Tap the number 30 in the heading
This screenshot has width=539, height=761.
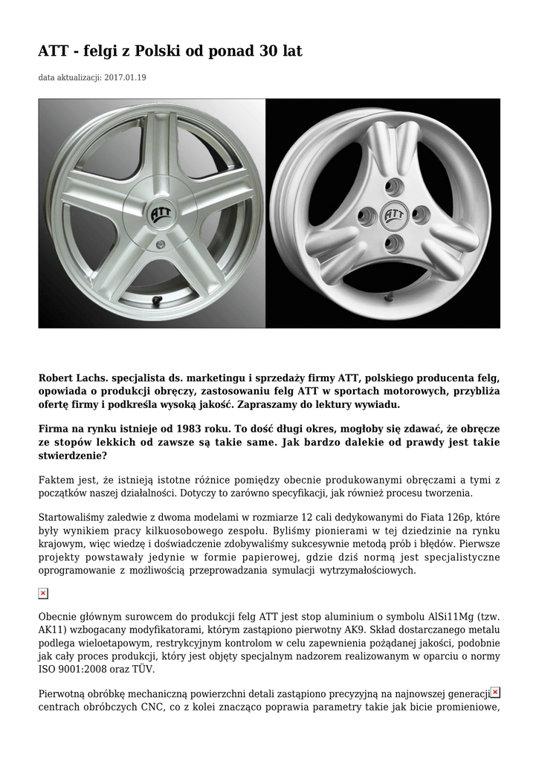(268, 51)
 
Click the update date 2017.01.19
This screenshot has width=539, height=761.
(126, 77)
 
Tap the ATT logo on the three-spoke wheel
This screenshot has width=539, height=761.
(393, 217)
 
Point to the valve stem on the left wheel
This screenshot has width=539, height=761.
(158, 301)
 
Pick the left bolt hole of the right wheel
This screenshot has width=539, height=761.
(366, 216)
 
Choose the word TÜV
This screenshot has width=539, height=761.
(132, 670)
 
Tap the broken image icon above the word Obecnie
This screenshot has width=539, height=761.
(43, 593)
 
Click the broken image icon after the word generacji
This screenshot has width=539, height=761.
(495, 692)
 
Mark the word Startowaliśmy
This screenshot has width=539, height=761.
(72, 517)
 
